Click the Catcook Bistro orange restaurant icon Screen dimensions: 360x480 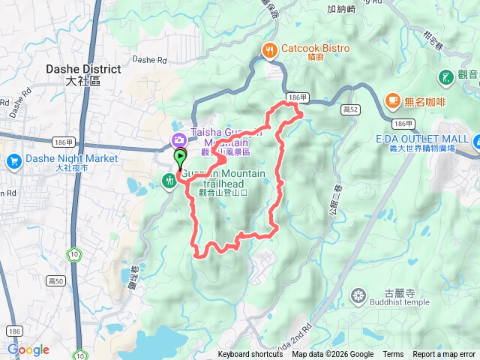[x=269, y=50]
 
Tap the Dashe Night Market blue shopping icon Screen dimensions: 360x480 [x=13, y=160]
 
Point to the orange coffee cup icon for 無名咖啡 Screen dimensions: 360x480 [x=391, y=100]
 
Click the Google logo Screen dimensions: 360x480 [x=28, y=349]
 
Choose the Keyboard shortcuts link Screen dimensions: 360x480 [x=250, y=355]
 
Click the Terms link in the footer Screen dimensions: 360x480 [x=393, y=355]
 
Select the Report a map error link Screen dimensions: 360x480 [x=444, y=355]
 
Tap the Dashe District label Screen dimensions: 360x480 [x=83, y=69]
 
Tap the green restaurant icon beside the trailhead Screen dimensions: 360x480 [x=169, y=179]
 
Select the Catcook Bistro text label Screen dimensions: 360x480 [x=315, y=49]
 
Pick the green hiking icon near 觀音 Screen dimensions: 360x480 [x=445, y=76]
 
